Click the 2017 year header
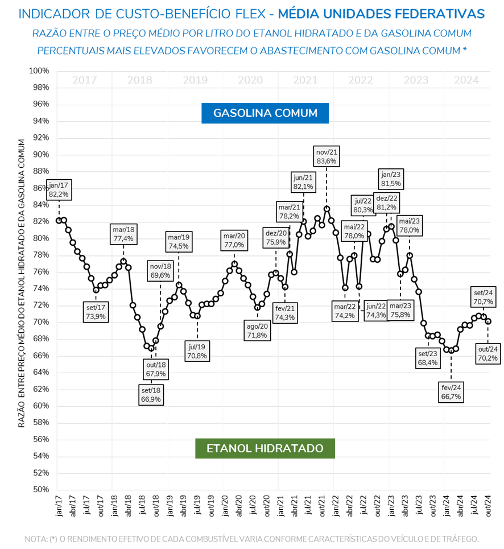84,80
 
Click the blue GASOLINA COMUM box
265,113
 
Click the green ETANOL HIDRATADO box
265,448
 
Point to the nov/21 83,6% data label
327,156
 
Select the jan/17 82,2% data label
59,189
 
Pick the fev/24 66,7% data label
451,393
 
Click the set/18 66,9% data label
151,394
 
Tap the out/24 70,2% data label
488,353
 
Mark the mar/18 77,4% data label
123,234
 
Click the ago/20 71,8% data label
257,331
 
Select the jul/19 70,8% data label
198,350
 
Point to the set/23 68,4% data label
428,358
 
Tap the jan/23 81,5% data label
391,179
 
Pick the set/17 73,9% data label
94,312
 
